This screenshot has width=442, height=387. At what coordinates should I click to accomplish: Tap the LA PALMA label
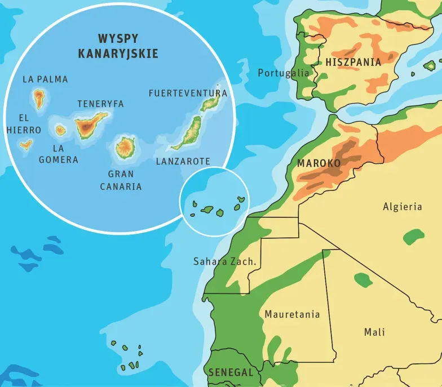pyautogui.click(x=45, y=79)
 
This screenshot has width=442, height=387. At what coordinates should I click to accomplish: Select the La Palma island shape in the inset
pyautogui.click(x=39, y=99)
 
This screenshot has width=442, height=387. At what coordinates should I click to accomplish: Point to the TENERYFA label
pyautogui.click(x=100, y=104)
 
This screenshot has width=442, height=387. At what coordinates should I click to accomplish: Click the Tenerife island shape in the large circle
pyautogui.click(x=89, y=125)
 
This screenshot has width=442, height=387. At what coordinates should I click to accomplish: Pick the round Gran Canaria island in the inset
pyautogui.click(x=125, y=147)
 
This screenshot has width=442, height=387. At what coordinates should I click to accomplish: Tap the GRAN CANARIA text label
pyautogui.click(x=121, y=180)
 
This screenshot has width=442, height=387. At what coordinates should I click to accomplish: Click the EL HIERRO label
pyautogui.click(x=24, y=124)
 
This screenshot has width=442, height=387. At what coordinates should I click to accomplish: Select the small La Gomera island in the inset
pyautogui.click(x=60, y=130)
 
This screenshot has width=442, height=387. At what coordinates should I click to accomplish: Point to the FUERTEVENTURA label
pyautogui.click(x=188, y=93)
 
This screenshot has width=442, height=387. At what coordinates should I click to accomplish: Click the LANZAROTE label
pyautogui.click(x=183, y=162)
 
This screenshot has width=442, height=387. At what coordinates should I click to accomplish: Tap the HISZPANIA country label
pyautogui.click(x=353, y=63)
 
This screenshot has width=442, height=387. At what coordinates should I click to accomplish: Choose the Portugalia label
pyautogui.click(x=284, y=73)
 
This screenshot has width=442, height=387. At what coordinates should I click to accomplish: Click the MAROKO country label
pyautogui.click(x=319, y=163)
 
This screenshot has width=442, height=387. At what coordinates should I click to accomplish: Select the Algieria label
pyautogui.click(x=402, y=207)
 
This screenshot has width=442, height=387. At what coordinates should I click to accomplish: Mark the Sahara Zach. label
pyautogui.click(x=225, y=261)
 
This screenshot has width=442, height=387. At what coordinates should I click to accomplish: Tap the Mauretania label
pyautogui.click(x=292, y=314)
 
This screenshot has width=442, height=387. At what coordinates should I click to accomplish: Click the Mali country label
pyautogui.click(x=374, y=332)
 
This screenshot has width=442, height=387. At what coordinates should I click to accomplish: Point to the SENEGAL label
pyautogui.click(x=231, y=372)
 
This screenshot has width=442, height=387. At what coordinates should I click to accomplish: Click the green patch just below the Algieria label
pyautogui.click(x=414, y=236)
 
